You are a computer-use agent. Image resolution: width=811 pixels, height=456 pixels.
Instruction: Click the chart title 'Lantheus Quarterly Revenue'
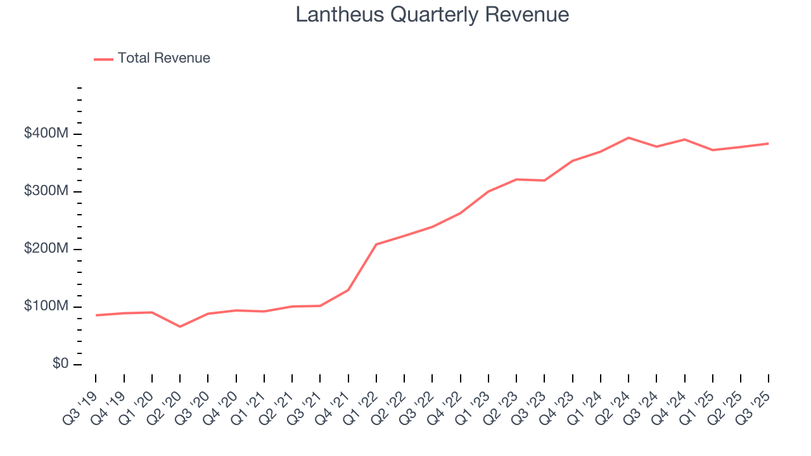(x=432, y=15)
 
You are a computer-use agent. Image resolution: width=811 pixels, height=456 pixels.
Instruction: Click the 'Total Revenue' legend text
(x=163, y=58)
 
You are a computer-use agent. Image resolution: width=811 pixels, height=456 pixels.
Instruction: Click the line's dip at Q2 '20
(x=180, y=327)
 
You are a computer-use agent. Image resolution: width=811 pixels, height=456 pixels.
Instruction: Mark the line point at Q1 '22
(x=376, y=244)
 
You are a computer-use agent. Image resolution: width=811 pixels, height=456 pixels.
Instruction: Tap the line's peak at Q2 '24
(x=629, y=137)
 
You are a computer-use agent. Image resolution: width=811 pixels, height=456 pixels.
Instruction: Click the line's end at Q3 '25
(x=769, y=144)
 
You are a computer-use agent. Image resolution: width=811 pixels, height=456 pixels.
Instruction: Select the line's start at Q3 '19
(x=96, y=315)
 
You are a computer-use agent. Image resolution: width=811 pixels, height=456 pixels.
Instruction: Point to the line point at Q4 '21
(x=348, y=290)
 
